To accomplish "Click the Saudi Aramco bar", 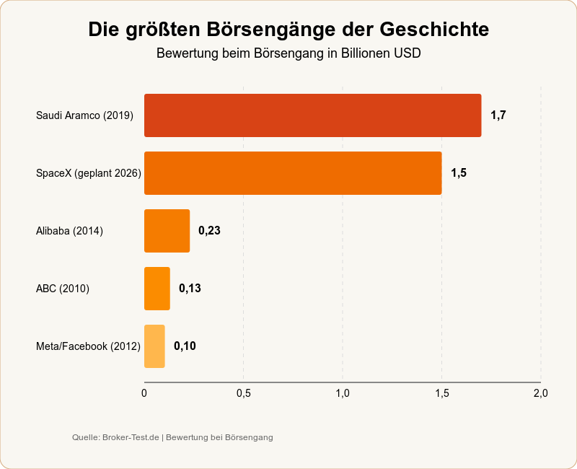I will [x=312, y=115].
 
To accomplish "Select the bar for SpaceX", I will [x=293, y=173].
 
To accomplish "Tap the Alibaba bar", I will [x=167, y=231].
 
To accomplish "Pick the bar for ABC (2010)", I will [x=157, y=289].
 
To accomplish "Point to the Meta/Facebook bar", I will [x=154, y=346].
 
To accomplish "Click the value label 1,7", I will [x=498, y=115].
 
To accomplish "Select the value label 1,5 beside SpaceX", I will [x=459, y=173].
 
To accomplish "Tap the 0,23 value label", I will [x=209, y=231].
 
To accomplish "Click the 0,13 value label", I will [x=190, y=289].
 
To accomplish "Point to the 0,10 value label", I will [x=185, y=346].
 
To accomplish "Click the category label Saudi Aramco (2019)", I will [x=84, y=115].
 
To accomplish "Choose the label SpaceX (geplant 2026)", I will [x=88, y=173].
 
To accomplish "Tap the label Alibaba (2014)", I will [x=69, y=231].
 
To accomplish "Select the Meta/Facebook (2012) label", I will [x=88, y=346].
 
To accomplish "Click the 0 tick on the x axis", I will [x=144, y=393].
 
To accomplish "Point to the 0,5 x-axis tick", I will [x=243, y=393].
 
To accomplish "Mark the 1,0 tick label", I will [x=343, y=393].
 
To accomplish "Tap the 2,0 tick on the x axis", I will [x=540, y=393].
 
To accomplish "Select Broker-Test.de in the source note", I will [x=131, y=437].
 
